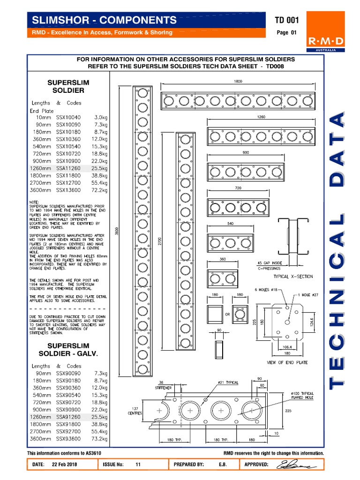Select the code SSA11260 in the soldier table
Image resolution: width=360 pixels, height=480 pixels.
pos(68,168)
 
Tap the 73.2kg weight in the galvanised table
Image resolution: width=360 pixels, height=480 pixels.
pos(99,438)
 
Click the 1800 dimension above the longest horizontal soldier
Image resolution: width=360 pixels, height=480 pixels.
pos(238,81)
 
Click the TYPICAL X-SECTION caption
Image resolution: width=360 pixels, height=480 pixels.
pos(293,277)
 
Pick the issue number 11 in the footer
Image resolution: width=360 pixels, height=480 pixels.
pos(138,465)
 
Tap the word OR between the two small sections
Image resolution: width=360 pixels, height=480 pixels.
pos(227,315)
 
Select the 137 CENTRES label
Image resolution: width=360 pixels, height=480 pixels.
pos(135,410)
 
